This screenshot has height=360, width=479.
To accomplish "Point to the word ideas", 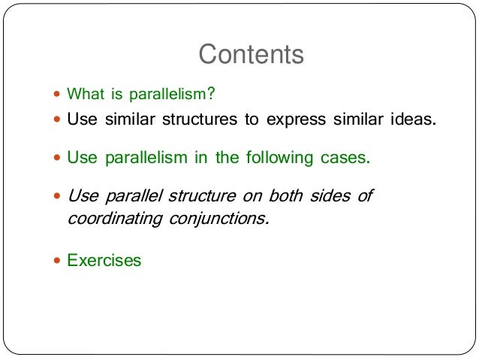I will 412,120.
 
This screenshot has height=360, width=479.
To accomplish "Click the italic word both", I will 285,197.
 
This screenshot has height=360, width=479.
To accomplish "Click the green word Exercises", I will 104,261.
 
